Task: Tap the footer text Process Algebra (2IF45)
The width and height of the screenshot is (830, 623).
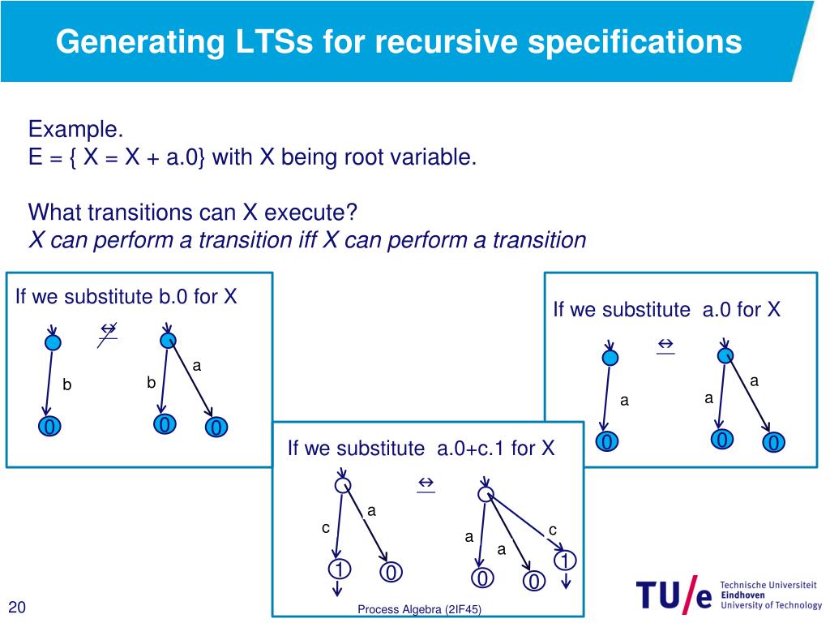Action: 419,609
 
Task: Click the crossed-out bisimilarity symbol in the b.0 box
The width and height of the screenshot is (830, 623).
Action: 107,332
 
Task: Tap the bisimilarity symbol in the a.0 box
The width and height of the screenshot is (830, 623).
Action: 665,346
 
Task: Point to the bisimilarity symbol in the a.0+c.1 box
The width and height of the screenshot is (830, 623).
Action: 425,484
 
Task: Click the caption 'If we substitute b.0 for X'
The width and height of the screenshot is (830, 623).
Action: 126,297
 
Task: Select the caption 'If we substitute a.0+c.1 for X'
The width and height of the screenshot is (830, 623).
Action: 421,448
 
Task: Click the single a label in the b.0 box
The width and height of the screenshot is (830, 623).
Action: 196,367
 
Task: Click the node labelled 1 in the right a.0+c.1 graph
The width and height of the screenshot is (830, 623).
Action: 566,560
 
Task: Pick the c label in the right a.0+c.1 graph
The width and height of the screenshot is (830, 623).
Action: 553,530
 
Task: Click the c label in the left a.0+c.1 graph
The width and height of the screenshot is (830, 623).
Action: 326,528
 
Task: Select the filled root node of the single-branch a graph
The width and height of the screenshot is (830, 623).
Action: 610,357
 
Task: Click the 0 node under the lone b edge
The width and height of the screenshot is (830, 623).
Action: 49,427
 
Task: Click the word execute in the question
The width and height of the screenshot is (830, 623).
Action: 305,213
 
